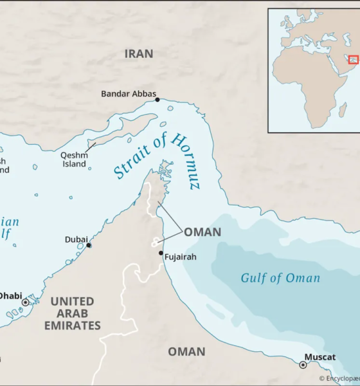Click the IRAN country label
click(139, 54)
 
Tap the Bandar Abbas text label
click(129, 94)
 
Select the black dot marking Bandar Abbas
click(157, 100)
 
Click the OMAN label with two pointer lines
click(203, 232)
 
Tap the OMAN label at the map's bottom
click(186, 351)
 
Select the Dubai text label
click(76, 239)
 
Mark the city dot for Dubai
click(89, 245)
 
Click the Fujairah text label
click(180, 257)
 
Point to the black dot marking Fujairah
click(161, 253)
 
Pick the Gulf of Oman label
click(280, 278)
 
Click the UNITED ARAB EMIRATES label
click(72, 313)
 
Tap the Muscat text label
click(320, 357)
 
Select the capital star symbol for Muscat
click(303, 365)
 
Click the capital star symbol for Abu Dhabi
click(26, 302)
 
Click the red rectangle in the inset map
click(353, 59)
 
